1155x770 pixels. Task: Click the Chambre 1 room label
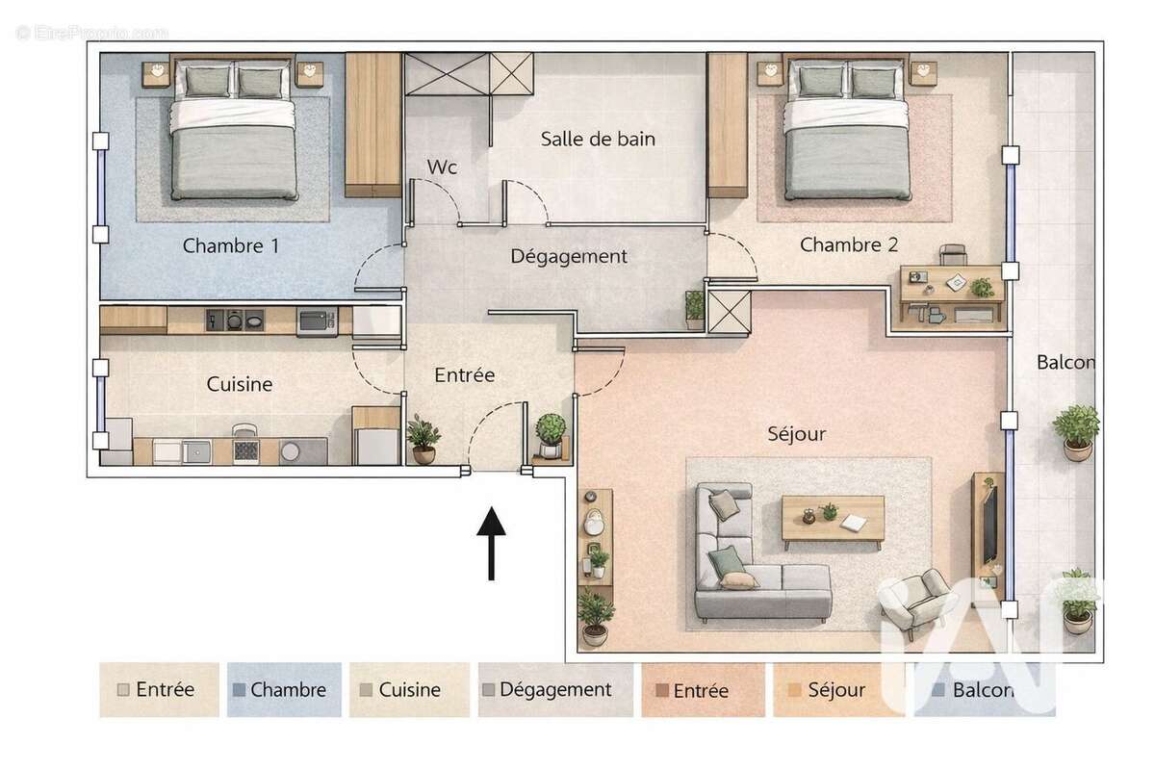pyautogui.click(x=231, y=245)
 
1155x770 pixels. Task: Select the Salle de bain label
pyautogui.click(x=598, y=139)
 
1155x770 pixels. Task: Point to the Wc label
pyautogui.click(x=442, y=167)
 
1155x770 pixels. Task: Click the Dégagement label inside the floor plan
pyautogui.click(x=568, y=257)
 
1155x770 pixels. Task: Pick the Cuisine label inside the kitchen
pyautogui.click(x=240, y=384)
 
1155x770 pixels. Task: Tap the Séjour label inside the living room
pyautogui.click(x=796, y=434)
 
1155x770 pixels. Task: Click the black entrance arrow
pyautogui.click(x=492, y=544)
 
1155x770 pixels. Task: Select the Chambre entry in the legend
pyautogui.click(x=287, y=690)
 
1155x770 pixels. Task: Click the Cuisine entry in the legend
pyautogui.click(x=408, y=690)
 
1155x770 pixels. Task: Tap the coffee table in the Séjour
pyautogui.click(x=833, y=521)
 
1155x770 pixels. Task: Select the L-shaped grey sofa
pyautogui.click(x=751, y=568)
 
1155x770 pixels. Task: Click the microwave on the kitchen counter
pyautogui.click(x=317, y=321)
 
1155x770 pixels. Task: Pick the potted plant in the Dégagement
pyautogui.click(x=694, y=308)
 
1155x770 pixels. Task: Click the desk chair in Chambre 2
pyautogui.click(x=952, y=254)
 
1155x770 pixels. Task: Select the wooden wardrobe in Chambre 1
pyautogui.click(x=372, y=124)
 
